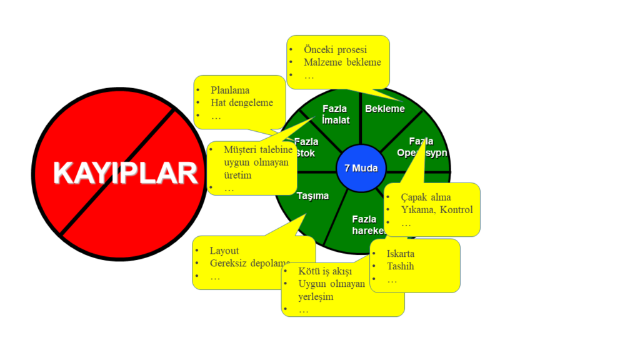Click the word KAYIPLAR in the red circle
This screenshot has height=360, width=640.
pos(126,173)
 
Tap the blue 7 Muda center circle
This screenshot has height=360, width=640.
pos(361,168)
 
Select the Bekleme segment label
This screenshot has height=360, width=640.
pos(385,109)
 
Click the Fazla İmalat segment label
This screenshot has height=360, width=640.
pos(336,114)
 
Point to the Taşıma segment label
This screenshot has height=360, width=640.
pos(312,195)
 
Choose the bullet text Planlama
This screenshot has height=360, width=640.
pos(230,90)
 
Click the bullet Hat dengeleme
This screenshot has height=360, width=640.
pos(242,102)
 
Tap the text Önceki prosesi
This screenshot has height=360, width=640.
pos(335,49)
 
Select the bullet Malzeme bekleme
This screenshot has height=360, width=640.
pos(342,62)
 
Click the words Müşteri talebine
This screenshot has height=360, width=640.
pos(257,149)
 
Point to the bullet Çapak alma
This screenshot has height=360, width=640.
pos(426,197)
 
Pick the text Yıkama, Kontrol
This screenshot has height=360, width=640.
pos(437,209)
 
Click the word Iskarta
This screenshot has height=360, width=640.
pos(401,254)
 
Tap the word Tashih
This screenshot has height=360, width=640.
pos(400,266)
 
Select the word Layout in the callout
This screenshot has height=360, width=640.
pos(224,250)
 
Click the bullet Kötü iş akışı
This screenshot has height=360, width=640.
pos(325,271)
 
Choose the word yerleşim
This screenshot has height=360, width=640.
pos(316,296)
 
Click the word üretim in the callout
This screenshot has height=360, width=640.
pos(237,175)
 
